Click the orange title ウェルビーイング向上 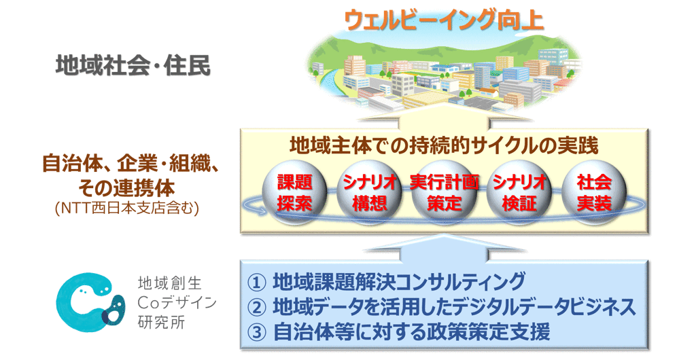pyautogui.click(x=444, y=20)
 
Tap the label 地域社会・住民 pyautogui.click(x=133, y=67)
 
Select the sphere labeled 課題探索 pyautogui.click(x=295, y=192)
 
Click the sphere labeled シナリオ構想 pyautogui.click(x=369, y=192)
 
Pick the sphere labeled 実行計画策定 pyautogui.click(x=444, y=192)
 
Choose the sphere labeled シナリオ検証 pyautogui.click(x=519, y=192)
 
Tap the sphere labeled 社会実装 pyautogui.click(x=594, y=192)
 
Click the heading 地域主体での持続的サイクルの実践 pyautogui.click(x=444, y=145)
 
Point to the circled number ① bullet pyautogui.click(x=256, y=283)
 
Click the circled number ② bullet pyautogui.click(x=256, y=308)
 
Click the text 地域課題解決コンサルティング pyautogui.click(x=398, y=282)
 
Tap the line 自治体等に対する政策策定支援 pyautogui.click(x=411, y=332)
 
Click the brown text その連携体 pyautogui.click(x=127, y=187)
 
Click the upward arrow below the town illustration pyautogui.click(x=444, y=119)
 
